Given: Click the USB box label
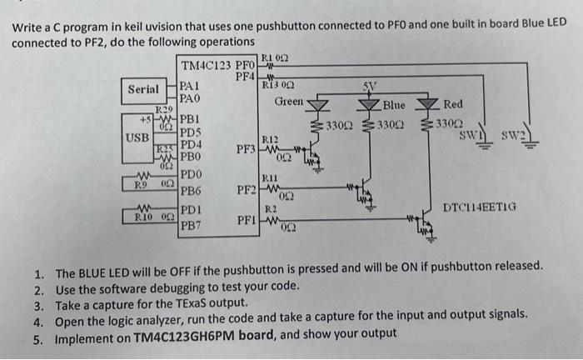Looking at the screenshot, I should (x=137, y=136).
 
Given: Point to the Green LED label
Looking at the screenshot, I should (x=290, y=102).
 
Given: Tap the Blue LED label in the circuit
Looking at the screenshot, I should (x=393, y=106).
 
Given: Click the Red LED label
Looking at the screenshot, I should (x=453, y=104).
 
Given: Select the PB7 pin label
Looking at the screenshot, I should (x=190, y=225).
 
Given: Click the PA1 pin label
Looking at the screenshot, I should (x=189, y=85).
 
